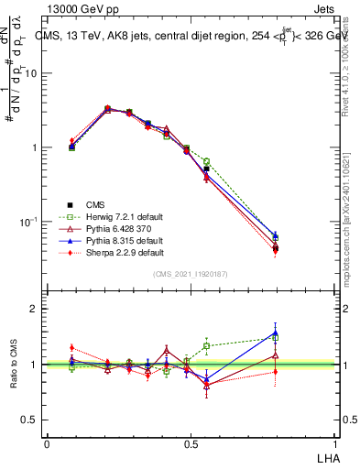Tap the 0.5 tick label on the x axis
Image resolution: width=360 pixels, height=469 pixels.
click(x=191, y=442)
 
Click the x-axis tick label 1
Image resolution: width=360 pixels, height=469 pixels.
click(x=334, y=442)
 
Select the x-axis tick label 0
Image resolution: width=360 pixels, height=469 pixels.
click(x=47, y=442)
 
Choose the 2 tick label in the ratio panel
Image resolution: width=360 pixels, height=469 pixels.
click(x=34, y=310)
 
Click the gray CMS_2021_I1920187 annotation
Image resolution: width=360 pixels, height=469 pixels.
click(x=191, y=273)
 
